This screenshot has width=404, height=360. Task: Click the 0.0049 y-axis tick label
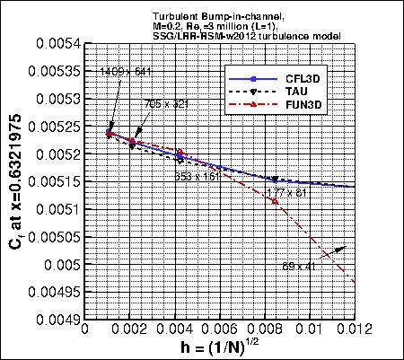(x=57, y=320)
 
